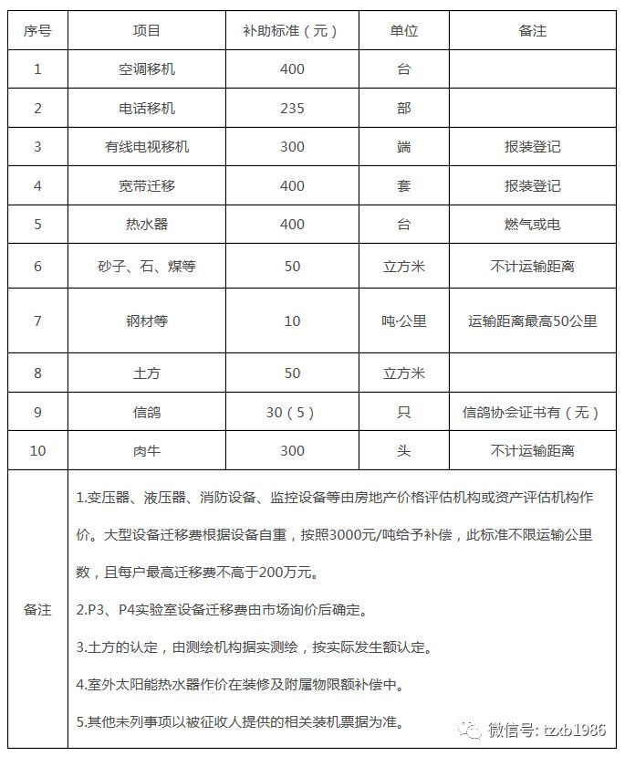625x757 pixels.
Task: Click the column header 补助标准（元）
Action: tap(292, 30)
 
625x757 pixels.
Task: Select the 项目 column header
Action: tap(147, 30)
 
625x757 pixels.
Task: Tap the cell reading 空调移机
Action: tap(147, 69)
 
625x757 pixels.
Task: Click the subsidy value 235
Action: tap(292, 108)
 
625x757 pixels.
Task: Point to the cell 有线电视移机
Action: tap(147, 146)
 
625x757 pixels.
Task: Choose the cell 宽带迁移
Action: tap(147, 185)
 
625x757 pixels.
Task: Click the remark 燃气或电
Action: tap(532, 224)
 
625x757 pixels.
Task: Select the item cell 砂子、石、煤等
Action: tap(147, 267)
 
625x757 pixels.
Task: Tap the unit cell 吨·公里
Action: tap(403, 321)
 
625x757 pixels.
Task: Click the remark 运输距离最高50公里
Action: tap(532, 321)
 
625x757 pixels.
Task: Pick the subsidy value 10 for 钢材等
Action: tap(292, 321)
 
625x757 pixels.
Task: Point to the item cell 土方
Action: tap(147, 373)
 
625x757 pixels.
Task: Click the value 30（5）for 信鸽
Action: tap(292, 412)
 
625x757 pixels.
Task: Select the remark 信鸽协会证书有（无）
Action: tap(532, 412)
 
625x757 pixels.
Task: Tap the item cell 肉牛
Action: tap(147, 450)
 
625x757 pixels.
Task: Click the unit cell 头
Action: tap(403, 450)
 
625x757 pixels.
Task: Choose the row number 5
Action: tap(37, 224)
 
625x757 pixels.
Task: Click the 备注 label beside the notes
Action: tap(37, 609)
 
